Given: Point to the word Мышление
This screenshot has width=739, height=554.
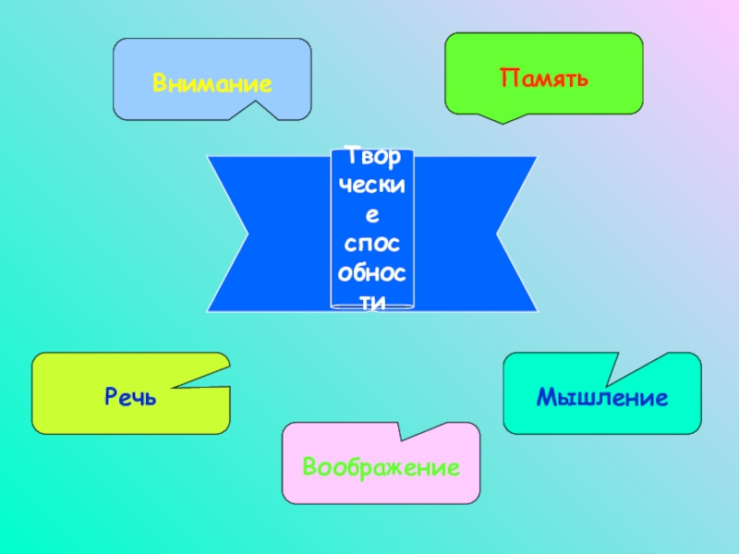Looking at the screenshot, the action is (x=602, y=398).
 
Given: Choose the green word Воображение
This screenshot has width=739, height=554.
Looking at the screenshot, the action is (x=381, y=466).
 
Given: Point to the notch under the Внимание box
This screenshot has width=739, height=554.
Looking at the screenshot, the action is (x=251, y=111).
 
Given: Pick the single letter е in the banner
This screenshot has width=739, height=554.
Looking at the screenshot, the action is (x=372, y=215).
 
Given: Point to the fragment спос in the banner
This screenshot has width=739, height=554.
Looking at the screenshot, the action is (x=372, y=246).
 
